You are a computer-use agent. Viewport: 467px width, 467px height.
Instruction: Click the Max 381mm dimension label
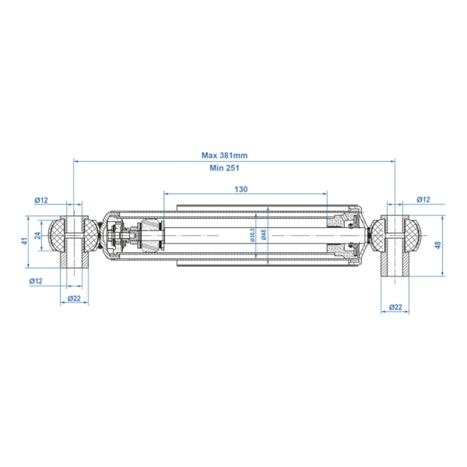point(224,155)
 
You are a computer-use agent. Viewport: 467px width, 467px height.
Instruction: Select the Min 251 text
point(224,168)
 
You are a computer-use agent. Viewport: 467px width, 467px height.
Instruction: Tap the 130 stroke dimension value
point(241,189)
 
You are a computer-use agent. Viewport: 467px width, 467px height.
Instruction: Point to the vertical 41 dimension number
point(25,241)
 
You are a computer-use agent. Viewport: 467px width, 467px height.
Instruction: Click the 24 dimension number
point(37,236)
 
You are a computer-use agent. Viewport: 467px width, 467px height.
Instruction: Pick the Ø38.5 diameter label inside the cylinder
point(252,235)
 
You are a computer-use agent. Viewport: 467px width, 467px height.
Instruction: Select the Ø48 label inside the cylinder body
point(263,235)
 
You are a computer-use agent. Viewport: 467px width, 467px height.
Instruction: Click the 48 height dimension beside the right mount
point(437,245)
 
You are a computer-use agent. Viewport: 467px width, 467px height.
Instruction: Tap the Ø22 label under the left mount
point(74,298)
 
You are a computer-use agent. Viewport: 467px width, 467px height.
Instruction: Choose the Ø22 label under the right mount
point(395,307)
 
